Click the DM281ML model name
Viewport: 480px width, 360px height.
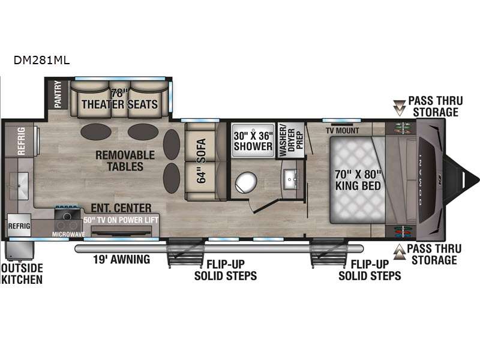(41, 60)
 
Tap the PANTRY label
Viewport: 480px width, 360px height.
(58, 94)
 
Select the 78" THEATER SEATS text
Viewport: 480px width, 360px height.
(119, 99)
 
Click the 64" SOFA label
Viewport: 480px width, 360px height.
(201, 161)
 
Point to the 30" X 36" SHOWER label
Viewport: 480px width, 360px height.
(253, 141)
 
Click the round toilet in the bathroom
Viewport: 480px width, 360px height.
(246, 182)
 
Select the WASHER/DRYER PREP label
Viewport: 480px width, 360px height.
(290, 140)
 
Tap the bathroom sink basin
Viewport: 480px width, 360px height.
(290, 179)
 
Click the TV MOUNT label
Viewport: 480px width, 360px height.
(342, 131)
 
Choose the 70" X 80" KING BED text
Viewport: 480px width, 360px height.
(358, 180)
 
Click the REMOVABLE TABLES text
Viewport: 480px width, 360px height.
(125, 161)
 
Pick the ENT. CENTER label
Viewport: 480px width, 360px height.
(121, 208)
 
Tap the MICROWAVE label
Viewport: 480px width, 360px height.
(68, 234)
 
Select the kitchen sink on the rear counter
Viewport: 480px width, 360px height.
(19, 186)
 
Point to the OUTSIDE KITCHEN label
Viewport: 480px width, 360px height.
(22, 274)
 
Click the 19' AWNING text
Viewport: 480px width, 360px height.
(122, 259)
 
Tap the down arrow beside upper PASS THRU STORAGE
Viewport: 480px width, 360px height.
(399, 108)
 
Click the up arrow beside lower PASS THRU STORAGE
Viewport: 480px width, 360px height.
(400, 252)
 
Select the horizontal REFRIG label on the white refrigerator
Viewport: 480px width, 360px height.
(19, 226)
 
